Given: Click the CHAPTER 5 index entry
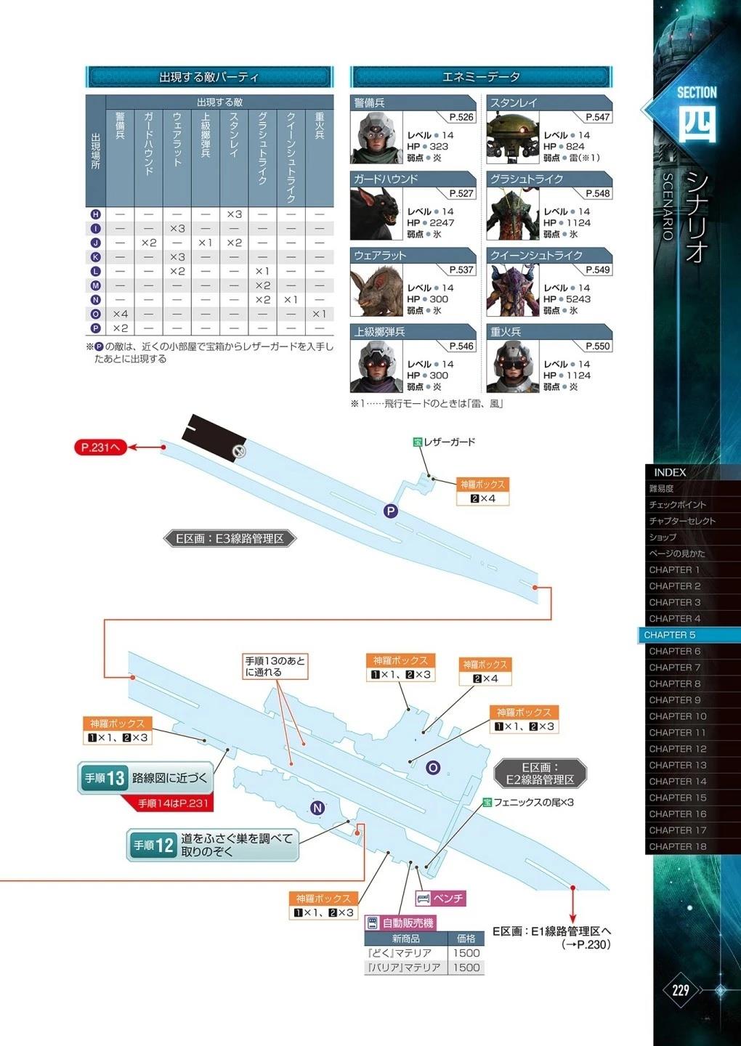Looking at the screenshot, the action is click(669, 635).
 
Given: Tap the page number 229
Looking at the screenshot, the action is click(680, 989).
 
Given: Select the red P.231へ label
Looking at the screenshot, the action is click(100, 447).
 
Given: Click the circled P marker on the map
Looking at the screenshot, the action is click(390, 511).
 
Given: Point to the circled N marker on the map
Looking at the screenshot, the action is click(317, 808).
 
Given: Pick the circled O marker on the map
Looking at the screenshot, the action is click(433, 768).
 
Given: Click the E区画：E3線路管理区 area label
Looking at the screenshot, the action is click(230, 538).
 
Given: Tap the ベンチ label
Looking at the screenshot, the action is click(441, 898).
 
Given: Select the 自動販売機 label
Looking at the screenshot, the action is click(400, 923).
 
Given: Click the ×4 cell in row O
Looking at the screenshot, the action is click(120, 314).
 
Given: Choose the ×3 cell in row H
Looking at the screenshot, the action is click(234, 214).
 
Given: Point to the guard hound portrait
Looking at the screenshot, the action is click(376, 214).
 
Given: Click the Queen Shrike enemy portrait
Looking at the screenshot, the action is click(513, 290).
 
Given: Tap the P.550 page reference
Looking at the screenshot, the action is click(598, 346).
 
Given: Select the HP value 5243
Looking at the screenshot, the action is click(578, 299).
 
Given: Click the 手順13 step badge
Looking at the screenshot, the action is click(103, 778).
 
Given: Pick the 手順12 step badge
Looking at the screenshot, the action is click(153, 846).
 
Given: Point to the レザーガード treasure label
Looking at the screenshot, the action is click(444, 442).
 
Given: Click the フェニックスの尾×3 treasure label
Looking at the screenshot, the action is click(528, 802).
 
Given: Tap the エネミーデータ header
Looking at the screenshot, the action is click(481, 76).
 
